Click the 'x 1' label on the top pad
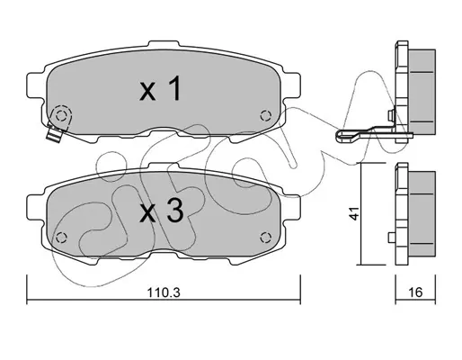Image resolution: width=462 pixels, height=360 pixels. (x=160, y=88)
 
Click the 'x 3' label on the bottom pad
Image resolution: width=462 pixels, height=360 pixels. (x=161, y=211)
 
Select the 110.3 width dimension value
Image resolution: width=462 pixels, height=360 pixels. (x=164, y=292)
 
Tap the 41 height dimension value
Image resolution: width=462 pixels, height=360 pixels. (x=355, y=213)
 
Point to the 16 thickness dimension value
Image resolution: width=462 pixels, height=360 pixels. (x=415, y=292)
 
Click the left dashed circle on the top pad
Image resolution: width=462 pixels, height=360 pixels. (x=61, y=115)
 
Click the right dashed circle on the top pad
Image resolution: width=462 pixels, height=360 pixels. (x=266, y=115)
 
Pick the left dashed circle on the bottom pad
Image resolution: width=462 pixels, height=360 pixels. (x=61, y=238)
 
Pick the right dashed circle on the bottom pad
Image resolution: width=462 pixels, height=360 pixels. (x=266, y=238)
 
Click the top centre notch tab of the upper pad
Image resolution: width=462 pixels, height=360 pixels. (x=164, y=44)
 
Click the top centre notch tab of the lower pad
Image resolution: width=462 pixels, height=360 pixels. (x=164, y=166)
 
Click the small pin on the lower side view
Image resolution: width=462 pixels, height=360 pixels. (x=392, y=238)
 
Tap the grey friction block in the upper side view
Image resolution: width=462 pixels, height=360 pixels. (x=422, y=91)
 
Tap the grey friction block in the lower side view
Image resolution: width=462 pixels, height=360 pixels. (x=422, y=212)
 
